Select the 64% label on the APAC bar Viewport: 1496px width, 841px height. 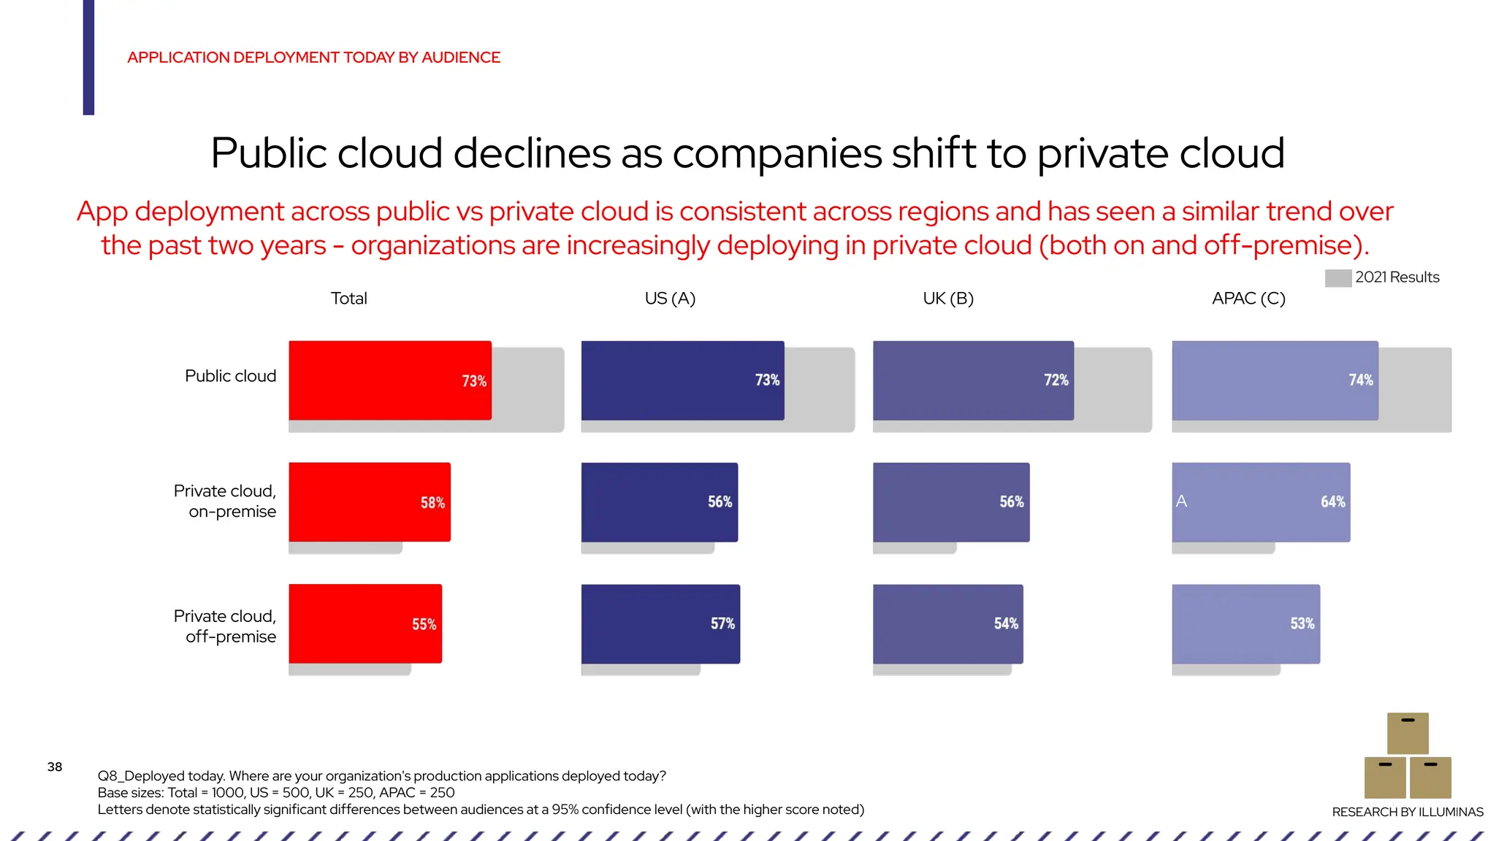click(1332, 502)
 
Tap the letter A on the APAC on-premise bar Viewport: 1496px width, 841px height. click(1181, 502)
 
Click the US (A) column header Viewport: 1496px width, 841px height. click(670, 299)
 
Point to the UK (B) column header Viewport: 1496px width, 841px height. click(948, 299)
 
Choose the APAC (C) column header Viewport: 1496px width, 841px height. click(1248, 299)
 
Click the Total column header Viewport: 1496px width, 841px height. click(348, 299)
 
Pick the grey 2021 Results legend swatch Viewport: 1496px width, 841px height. click(1337, 278)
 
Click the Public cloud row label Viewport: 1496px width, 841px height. click(230, 376)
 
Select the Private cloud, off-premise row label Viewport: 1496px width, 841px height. click(225, 626)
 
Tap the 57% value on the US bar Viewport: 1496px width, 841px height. click(722, 624)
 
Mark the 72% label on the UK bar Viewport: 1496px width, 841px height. click(1056, 380)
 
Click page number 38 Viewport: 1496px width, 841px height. click(55, 767)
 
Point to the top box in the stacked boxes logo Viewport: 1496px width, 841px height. click(1408, 733)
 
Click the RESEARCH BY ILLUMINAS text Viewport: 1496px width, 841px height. click(1407, 812)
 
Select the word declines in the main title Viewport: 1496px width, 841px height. click(532, 153)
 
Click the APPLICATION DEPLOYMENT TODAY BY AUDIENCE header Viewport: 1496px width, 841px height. click(313, 58)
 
